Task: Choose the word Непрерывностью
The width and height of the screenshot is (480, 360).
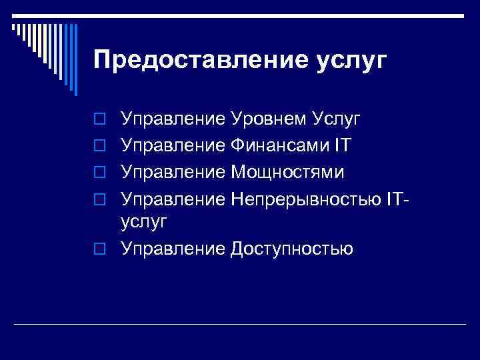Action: (306, 199)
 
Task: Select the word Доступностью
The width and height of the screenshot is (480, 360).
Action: (292, 249)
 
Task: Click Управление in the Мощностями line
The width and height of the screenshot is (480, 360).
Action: (173, 172)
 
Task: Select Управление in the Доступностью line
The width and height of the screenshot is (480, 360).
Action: (173, 249)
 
